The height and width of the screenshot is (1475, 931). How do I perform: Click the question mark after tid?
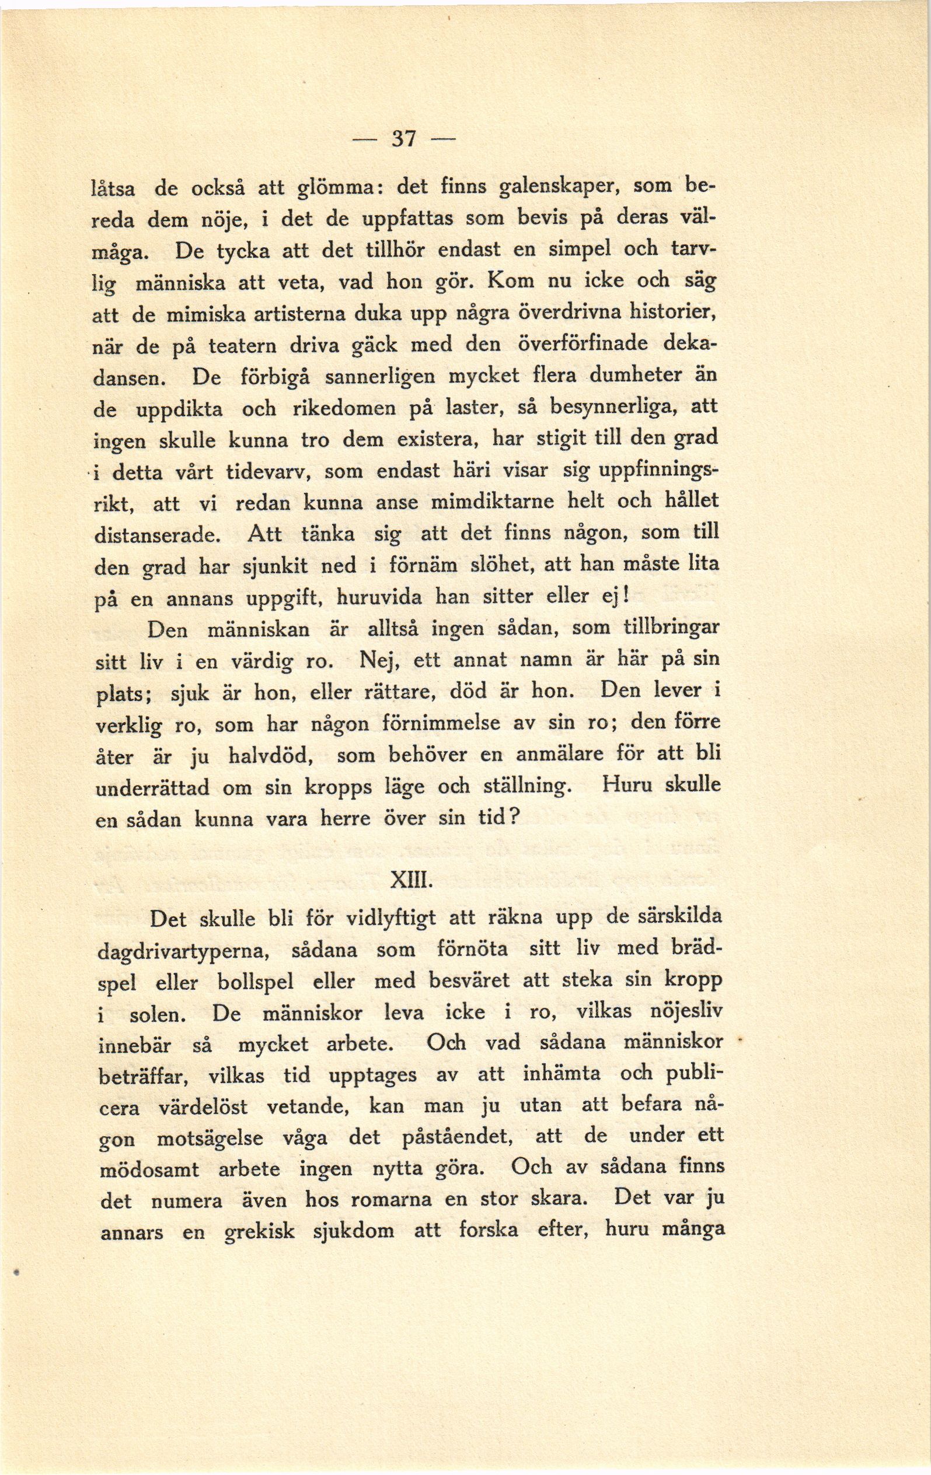pos(515,818)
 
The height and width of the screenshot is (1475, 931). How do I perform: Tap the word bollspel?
pos(256,983)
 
